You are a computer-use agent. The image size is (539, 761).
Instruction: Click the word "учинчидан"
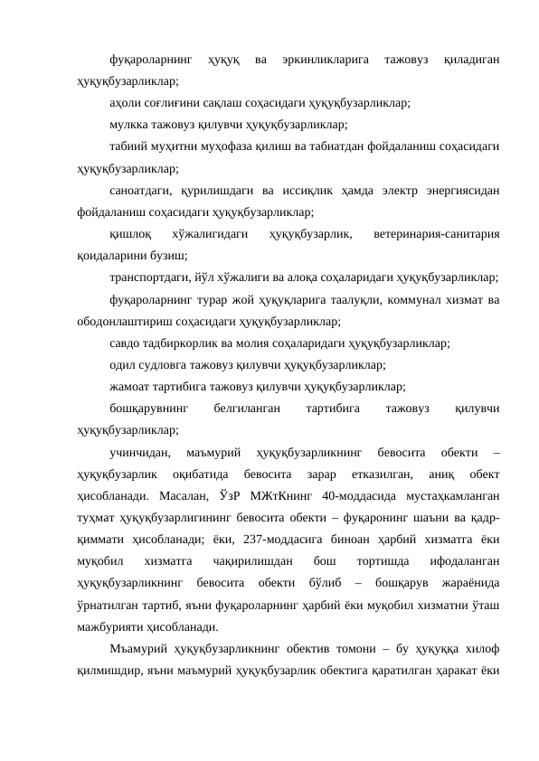[137, 452]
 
